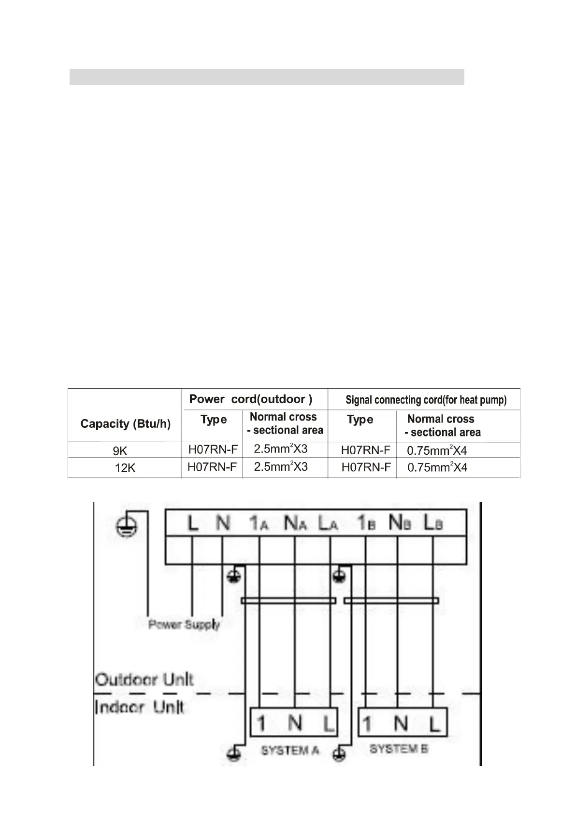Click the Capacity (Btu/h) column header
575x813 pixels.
[125, 424]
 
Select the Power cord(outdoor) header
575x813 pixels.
[251, 399]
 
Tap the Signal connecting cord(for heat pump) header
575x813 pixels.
[426, 400]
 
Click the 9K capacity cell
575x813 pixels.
[120, 451]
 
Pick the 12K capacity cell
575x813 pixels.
[125, 468]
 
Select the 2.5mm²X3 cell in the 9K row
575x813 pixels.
[281, 449]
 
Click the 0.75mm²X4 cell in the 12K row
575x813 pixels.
[437, 467]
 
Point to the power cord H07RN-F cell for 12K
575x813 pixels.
[212, 467]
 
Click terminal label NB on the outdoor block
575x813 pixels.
[400, 523]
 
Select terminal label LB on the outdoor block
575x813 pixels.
[433, 523]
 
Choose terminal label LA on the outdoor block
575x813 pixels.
[328, 523]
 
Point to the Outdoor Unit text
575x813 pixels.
[144, 680]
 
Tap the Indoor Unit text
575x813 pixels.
[139, 708]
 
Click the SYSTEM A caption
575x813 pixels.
[290, 750]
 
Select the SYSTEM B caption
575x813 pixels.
[399, 749]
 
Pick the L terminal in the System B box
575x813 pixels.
[434, 724]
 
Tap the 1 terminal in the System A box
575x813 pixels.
[261, 723]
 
